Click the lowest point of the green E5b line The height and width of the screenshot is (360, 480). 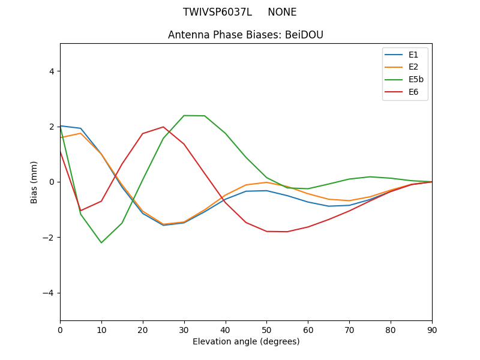pos(101,242)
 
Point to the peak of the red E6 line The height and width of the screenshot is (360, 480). pos(163,127)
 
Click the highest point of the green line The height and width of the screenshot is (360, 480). pos(184,115)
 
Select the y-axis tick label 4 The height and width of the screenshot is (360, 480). pos(51,71)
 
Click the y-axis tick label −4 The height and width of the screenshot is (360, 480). pos(49,293)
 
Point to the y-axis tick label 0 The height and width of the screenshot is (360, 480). pos(51,182)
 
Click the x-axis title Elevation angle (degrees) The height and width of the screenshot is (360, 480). pos(246,341)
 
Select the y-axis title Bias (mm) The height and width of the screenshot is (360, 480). pos(35,182)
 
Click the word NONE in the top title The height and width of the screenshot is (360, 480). pos(282,12)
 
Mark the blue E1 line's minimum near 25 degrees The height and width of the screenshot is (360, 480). pos(163,225)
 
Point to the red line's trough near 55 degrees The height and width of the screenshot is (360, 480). pos(287,232)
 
